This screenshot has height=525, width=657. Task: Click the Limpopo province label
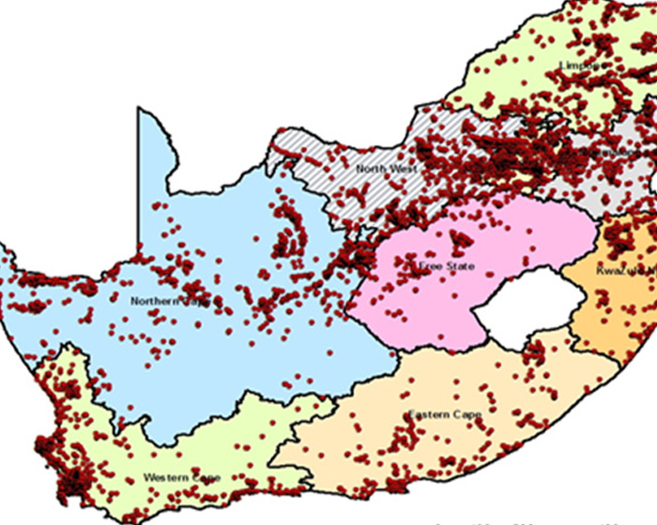coord(581,65)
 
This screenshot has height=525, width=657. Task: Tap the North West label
coord(386,169)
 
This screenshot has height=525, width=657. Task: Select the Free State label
coord(446,266)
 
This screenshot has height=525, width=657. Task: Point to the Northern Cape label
coord(176,301)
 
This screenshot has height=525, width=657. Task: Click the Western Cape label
coord(182,478)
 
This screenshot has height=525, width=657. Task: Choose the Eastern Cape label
coord(445,414)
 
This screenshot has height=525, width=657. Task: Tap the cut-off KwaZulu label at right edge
coord(625,271)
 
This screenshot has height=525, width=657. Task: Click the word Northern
coord(151,301)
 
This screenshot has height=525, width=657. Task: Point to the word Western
coord(164,478)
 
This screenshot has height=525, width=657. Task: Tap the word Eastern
coord(428,414)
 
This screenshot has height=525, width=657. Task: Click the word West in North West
coord(404,169)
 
